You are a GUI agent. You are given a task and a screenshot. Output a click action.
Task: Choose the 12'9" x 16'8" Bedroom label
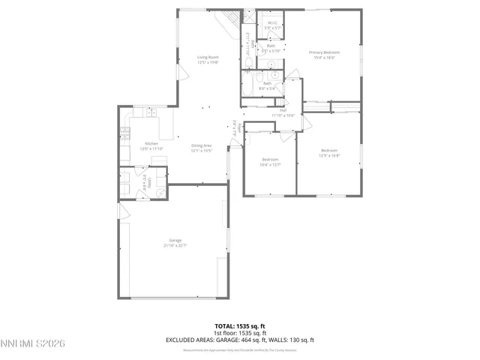329,154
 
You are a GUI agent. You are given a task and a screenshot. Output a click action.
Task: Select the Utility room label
150,181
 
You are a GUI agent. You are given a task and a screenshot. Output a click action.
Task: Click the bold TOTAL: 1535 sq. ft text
240,326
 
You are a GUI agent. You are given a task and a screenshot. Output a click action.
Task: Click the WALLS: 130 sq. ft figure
292,340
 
